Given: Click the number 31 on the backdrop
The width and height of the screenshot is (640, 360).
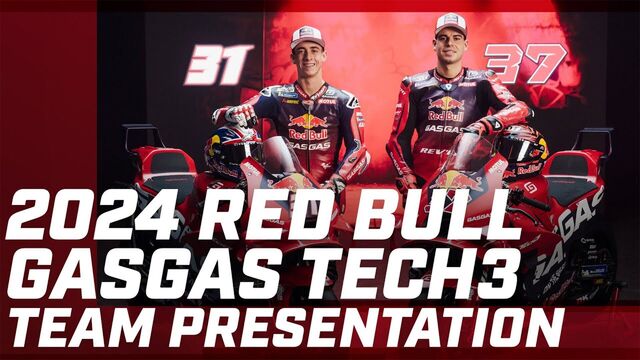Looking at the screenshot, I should tap(217, 65).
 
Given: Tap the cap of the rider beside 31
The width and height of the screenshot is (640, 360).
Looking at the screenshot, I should tap(307, 36).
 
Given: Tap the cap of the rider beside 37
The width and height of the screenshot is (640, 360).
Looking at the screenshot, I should tap(451, 23).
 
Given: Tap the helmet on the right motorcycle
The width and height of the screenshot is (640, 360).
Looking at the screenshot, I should tap(522, 149).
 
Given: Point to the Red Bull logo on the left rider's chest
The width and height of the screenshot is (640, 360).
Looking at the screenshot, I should tap(308, 127).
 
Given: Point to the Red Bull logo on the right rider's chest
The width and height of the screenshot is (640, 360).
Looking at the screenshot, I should tap(445, 108).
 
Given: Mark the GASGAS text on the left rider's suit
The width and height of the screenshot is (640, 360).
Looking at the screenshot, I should tap(309, 145).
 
